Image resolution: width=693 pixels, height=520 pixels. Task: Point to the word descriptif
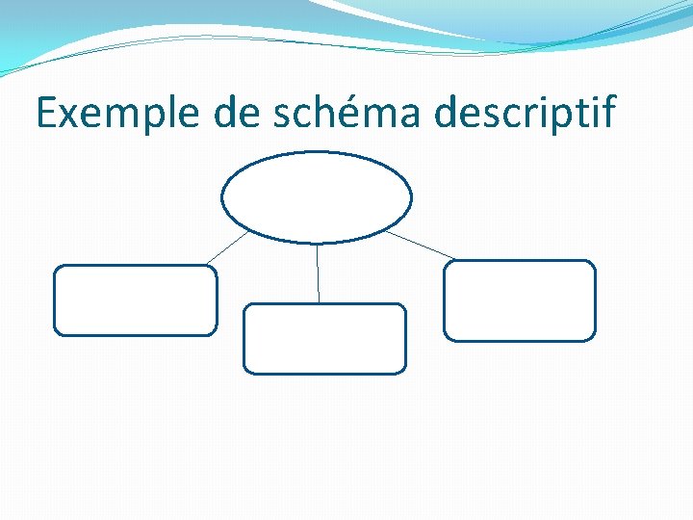[524, 114]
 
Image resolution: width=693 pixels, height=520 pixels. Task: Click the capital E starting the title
[47, 114]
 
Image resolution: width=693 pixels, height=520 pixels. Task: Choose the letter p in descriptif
[561, 117]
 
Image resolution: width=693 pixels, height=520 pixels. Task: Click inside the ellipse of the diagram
[317, 197]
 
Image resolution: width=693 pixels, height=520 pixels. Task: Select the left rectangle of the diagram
[135, 300]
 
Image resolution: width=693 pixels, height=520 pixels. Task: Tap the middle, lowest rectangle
[324, 338]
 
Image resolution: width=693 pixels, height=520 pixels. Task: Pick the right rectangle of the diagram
[520, 300]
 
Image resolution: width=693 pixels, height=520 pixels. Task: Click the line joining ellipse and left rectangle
[227, 247]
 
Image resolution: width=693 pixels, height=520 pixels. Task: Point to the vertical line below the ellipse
[318, 273]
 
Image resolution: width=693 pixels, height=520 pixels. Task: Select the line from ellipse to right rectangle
[421, 246]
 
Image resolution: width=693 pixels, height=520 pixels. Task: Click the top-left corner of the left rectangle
[56, 269]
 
